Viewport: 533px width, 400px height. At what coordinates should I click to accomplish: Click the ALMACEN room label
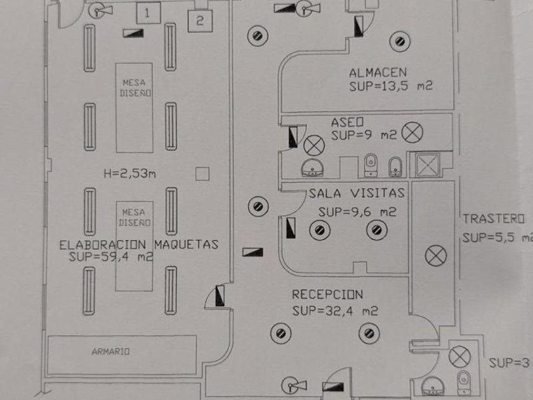pyautogui.click(x=378, y=72)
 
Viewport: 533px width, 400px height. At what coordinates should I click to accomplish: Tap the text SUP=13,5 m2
pyautogui.click(x=390, y=86)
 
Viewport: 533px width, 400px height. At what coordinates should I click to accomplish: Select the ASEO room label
pyautogui.click(x=346, y=121)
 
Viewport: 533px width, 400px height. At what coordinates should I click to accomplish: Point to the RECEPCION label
pyautogui.click(x=327, y=295)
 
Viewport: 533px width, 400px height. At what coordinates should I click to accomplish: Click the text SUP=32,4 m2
pyautogui.click(x=336, y=311)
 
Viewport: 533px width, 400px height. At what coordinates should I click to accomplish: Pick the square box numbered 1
pyautogui.click(x=147, y=12)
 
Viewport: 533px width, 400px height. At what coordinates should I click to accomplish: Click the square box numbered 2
pyautogui.click(x=199, y=21)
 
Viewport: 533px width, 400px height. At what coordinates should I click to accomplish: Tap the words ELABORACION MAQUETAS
pyautogui.click(x=138, y=244)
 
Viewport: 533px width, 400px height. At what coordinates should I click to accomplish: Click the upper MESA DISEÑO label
pyautogui.click(x=134, y=87)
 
